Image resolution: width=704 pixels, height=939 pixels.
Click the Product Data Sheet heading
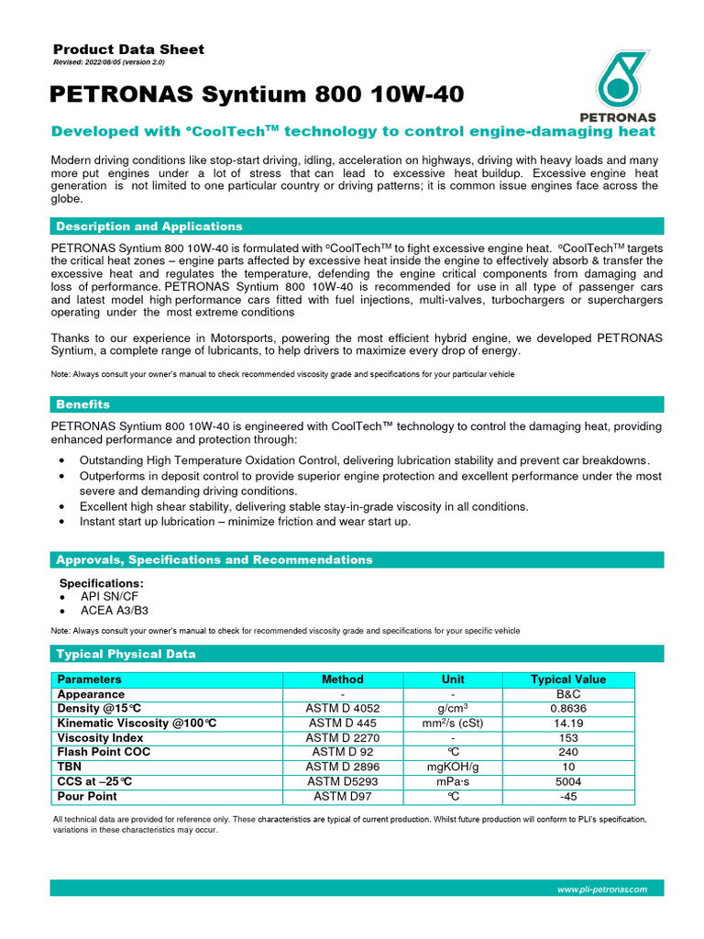click(128, 50)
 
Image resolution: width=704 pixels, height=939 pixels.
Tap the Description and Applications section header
click(149, 226)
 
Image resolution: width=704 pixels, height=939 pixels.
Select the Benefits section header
click(83, 404)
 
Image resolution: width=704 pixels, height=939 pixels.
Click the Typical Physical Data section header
click(126, 654)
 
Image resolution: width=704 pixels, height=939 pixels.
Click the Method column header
click(343, 679)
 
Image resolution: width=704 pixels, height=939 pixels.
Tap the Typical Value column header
click(568, 679)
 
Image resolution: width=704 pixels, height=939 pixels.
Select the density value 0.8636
click(568, 709)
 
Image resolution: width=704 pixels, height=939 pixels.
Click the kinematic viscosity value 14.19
click(568, 724)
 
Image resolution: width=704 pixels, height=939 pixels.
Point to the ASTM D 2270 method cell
click(343, 738)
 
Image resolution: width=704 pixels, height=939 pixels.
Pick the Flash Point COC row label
click(104, 752)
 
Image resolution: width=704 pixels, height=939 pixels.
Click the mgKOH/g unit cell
click(453, 767)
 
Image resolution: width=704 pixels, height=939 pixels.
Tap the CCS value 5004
click(568, 781)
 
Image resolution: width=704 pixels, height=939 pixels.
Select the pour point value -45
click(568, 796)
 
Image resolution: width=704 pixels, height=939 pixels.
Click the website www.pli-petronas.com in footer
click(602, 889)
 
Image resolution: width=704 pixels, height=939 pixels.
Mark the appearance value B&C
click(568, 694)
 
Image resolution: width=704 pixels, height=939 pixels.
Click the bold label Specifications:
click(101, 583)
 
